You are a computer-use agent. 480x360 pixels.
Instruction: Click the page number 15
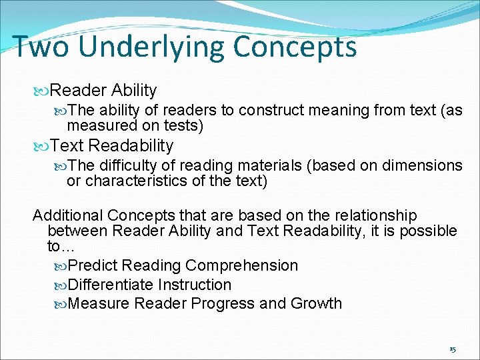[453, 349]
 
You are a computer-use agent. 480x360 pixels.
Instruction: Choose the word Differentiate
[111, 285]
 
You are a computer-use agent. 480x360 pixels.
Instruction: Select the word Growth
[316, 304]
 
